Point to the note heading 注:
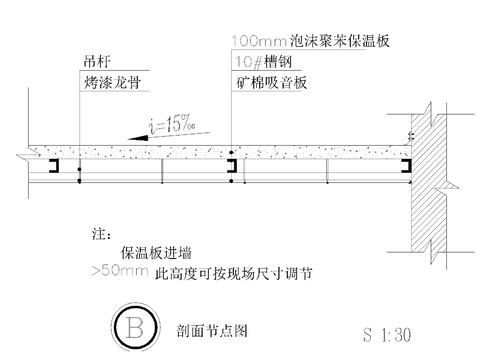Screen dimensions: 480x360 coord(99,235)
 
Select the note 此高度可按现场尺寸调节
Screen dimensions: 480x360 coord(229,271)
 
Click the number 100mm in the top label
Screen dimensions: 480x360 coord(248,41)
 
